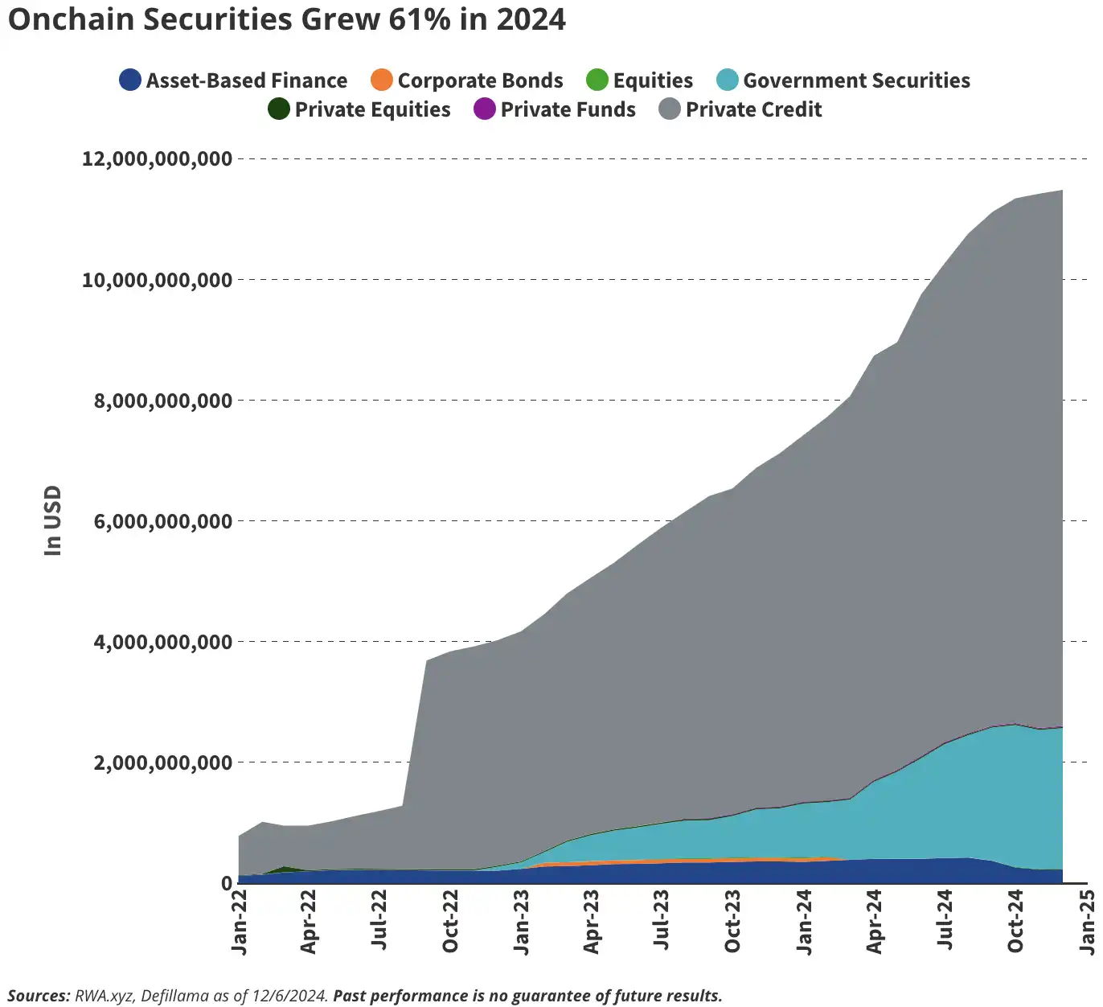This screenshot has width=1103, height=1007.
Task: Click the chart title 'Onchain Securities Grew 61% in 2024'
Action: tap(287, 19)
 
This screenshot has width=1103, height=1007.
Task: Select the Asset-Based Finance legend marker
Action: tap(130, 80)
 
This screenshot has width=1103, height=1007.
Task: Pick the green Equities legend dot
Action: tap(597, 80)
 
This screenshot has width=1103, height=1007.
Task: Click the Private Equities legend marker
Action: tap(279, 109)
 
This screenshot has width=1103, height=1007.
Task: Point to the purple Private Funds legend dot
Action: tap(485, 109)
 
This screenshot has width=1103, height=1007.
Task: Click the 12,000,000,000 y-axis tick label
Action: tap(158, 158)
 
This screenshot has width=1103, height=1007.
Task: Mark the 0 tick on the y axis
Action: tap(227, 883)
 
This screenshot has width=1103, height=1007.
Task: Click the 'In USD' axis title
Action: tap(53, 520)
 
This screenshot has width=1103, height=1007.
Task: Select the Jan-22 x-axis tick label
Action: tap(239, 922)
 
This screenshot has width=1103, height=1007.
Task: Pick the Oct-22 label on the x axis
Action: tap(450, 922)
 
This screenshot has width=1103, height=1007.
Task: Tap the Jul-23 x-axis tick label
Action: tap(662, 922)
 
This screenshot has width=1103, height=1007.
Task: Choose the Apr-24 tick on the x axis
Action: tap(875, 922)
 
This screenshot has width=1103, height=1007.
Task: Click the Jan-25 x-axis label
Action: tap(1087, 922)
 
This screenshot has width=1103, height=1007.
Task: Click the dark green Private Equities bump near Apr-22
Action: tap(285, 869)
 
